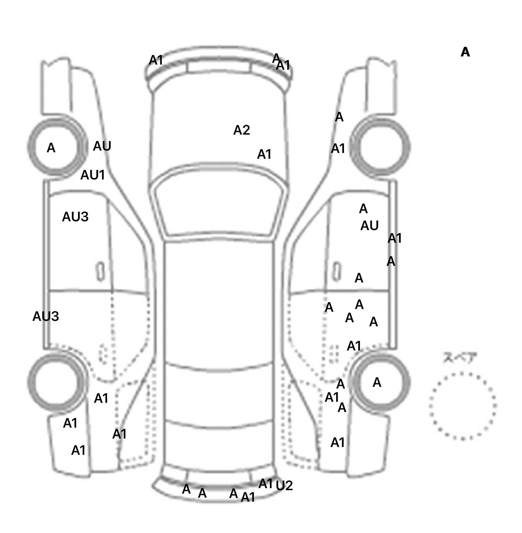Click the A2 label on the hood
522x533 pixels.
click(242, 130)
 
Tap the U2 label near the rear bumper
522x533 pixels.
click(284, 486)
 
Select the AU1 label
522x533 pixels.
click(92, 175)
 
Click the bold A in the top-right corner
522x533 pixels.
click(465, 52)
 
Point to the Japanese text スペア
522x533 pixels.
click(460, 358)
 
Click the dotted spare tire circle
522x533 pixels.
click(463, 406)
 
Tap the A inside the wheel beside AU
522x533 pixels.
click(51, 148)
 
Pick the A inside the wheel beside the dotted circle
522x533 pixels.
click(377, 383)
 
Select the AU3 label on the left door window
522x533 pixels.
click(75, 217)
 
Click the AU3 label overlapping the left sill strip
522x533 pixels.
click(46, 316)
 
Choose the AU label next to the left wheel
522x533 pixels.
click(102, 146)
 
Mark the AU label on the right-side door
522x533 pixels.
click(369, 226)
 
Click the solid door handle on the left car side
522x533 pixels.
click(100, 272)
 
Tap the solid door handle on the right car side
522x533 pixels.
click(336, 272)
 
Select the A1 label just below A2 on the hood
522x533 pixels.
click(264, 155)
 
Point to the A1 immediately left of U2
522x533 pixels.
click(266, 484)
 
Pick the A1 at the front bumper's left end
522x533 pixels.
click(156, 61)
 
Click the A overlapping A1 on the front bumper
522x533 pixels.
click(276, 58)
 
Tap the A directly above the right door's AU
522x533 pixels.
click(363, 209)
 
